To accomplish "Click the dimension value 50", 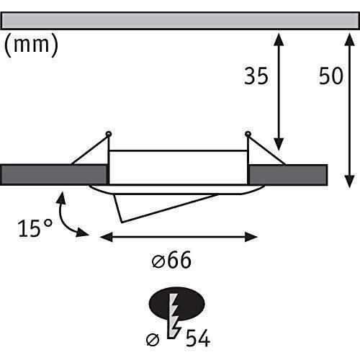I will point(332,77).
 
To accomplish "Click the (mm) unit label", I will point(31,45).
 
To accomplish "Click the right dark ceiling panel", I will point(288,174).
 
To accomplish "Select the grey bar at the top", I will point(179,20).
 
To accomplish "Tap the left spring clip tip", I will point(108,133).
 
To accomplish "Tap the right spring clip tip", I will point(248,133).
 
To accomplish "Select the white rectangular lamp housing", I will point(178,167).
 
